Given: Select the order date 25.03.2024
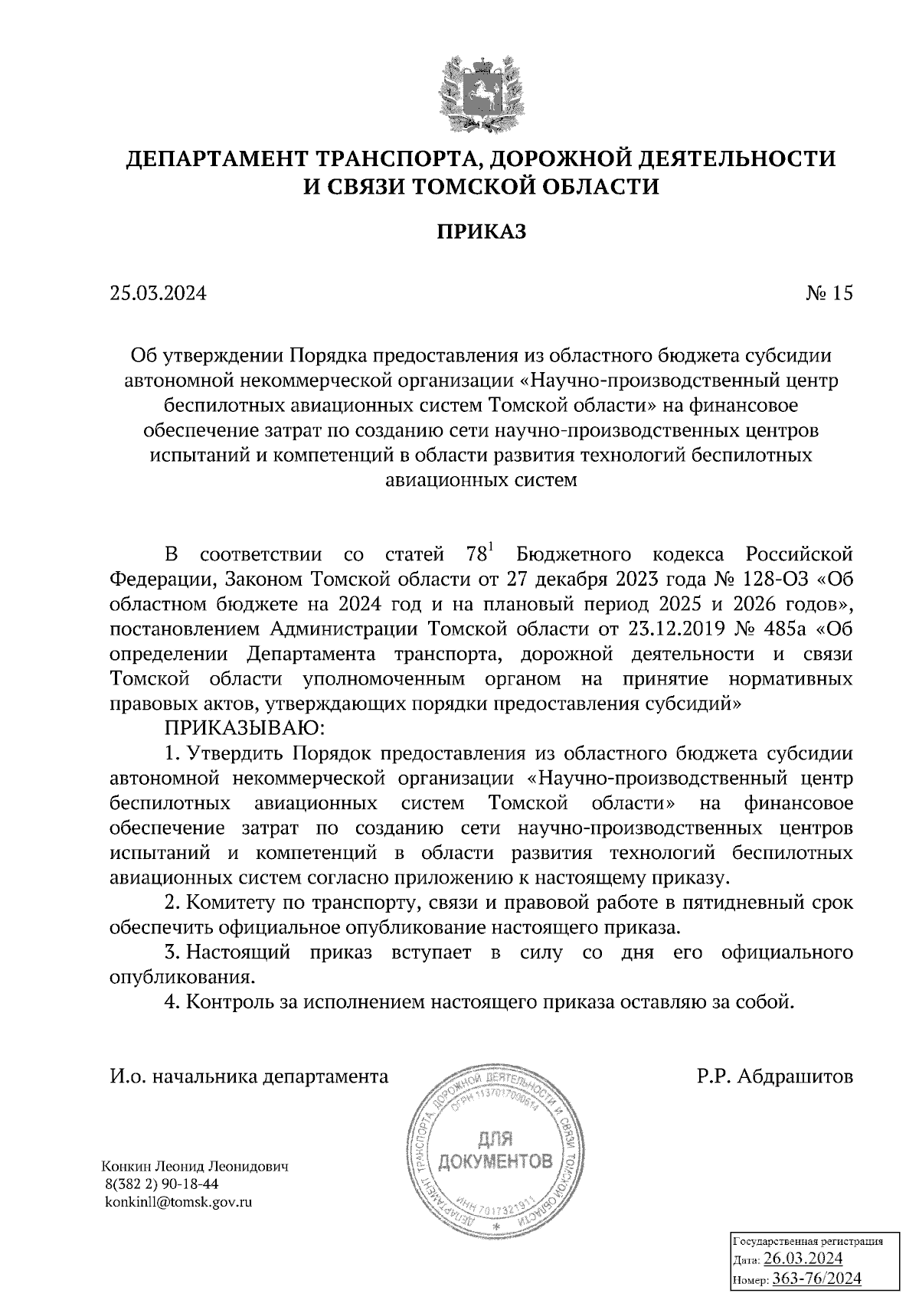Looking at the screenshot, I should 159,293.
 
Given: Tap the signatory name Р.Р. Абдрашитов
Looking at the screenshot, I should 775,1077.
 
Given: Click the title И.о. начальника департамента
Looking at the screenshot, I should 250,1077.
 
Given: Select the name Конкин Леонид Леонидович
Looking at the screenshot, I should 195,1168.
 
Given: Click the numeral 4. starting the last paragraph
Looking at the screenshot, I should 173,1001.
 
